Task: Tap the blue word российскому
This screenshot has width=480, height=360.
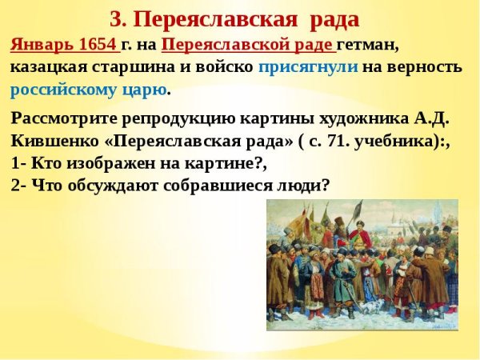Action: (60, 89)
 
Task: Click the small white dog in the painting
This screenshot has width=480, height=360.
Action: (370, 308)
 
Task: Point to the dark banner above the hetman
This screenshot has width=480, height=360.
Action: (325, 214)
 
